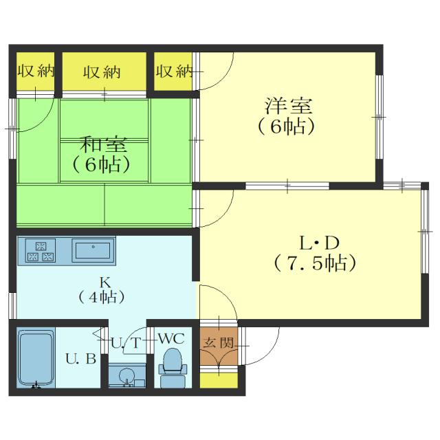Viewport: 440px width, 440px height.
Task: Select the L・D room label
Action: point(320,243)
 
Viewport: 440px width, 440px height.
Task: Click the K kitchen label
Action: point(105,281)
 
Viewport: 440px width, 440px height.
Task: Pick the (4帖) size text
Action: point(102,297)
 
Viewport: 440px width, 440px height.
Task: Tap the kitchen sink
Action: point(93,250)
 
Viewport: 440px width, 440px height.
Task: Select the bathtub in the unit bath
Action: point(35,361)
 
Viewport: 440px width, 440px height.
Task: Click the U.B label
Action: point(80,358)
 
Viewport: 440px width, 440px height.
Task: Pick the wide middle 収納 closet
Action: point(104,71)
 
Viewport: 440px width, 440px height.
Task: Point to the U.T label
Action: point(126,342)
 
